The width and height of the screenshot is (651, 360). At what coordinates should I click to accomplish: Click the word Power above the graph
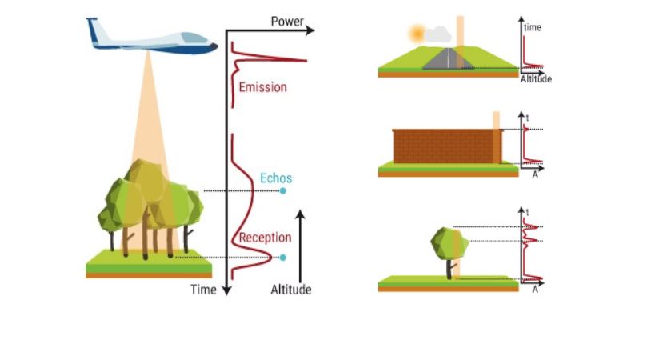tap(287, 22)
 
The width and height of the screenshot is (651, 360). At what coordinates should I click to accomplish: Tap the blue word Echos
tap(276, 178)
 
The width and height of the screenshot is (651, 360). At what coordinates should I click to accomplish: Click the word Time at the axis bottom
tap(203, 290)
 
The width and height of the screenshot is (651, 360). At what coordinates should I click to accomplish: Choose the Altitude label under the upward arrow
tap(290, 290)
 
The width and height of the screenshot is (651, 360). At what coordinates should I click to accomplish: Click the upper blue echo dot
tap(282, 191)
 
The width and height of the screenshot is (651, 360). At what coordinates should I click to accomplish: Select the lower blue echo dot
tap(282, 258)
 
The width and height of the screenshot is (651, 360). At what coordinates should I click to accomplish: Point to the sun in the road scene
tap(416, 34)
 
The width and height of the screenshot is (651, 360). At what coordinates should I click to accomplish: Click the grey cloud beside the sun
tap(437, 34)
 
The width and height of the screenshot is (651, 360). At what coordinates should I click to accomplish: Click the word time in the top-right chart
tap(533, 27)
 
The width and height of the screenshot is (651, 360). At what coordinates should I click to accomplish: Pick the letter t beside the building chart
tap(528, 118)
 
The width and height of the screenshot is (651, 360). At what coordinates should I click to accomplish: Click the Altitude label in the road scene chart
tap(536, 79)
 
